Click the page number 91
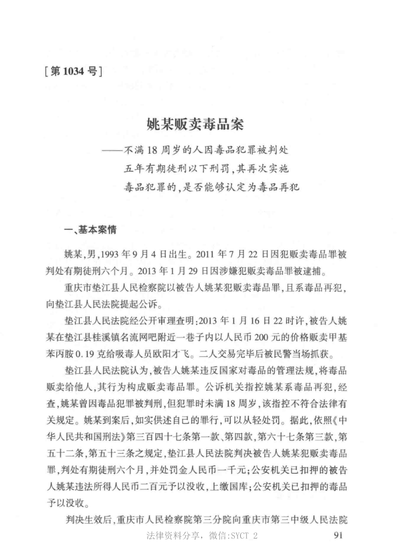(340, 536)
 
